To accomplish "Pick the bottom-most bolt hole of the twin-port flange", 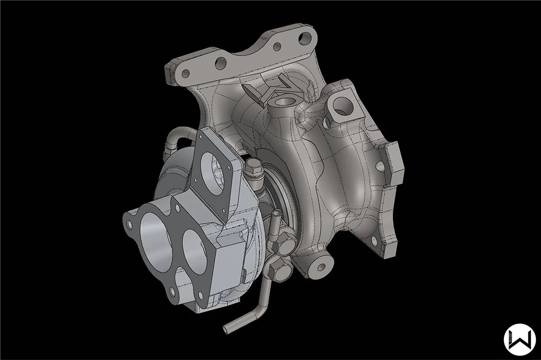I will tap(171, 293).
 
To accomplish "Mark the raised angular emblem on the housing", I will tap(271, 90).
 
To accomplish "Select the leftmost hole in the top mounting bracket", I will tap(185, 73).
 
